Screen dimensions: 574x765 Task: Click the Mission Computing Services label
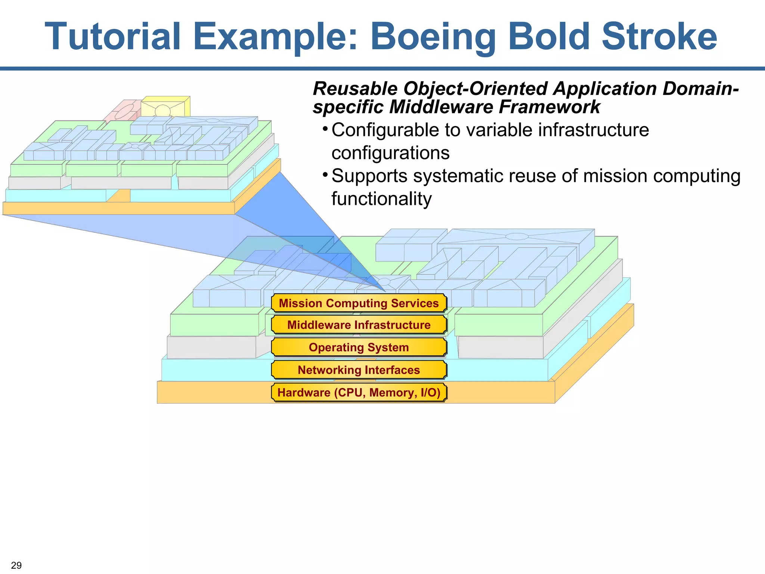pyautogui.click(x=359, y=303)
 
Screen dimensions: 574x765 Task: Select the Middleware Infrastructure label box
pyautogui.click(x=359, y=325)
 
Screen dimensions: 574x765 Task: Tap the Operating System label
pyautogui.click(x=359, y=347)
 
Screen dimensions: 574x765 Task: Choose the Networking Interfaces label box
pyautogui.click(x=359, y=370)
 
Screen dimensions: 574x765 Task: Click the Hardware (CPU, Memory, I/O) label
pyautogui.click(x=359, y=392)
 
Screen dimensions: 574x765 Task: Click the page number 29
pyautogui.click(x=16, y=565)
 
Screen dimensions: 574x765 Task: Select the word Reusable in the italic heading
pyautogui.click(x=355, y=89)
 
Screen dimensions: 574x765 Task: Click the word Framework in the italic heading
pyautogui.click(x=549, y=107)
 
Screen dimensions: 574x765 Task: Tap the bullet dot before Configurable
pyautogui.click(x=325, y=129)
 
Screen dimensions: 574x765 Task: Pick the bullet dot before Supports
pyautogui.click(x=325, y=175)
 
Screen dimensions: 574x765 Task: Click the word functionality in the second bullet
pyautogui.click(x=381, y=199)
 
